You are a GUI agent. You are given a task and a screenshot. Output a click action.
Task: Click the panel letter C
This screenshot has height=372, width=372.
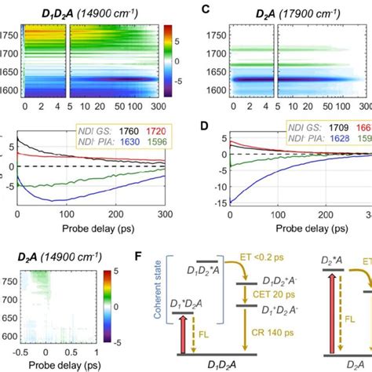point(206,10)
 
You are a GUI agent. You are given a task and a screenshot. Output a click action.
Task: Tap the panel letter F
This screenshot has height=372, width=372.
point(206,256)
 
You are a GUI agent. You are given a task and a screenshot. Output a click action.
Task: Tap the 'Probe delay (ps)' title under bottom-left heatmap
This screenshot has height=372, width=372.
point(64,366)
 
